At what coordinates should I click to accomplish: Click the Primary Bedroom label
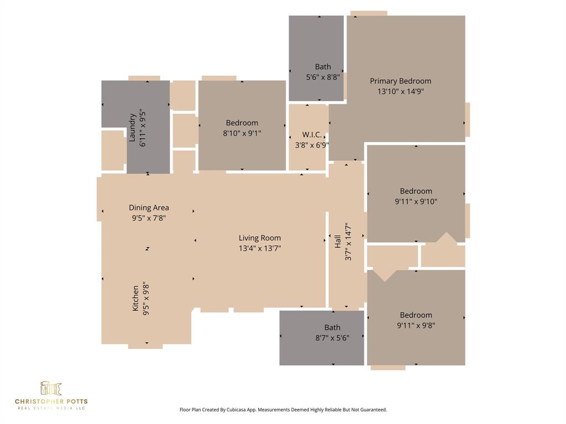400,81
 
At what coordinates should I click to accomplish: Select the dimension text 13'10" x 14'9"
400,92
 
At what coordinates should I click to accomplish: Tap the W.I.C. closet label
312,135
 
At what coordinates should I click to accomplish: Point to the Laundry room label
133,128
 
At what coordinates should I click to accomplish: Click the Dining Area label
149,208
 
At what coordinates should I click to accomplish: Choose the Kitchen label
136,298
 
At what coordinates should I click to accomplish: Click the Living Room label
260,238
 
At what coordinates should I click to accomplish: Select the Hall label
338,241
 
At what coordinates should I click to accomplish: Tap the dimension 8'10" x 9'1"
242,133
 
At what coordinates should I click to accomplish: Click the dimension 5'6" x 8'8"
323,77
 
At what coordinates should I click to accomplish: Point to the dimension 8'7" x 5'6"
332,338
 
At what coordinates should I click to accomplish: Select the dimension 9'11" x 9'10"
416,202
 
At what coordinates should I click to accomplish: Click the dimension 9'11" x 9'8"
416,325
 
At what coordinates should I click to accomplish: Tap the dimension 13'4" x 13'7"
260,248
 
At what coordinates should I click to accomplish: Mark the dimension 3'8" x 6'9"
312,145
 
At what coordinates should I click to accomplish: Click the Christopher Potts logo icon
51,388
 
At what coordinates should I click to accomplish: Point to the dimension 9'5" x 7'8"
149,218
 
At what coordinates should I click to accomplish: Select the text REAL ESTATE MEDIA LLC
51,408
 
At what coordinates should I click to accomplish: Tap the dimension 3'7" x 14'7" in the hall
348,241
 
